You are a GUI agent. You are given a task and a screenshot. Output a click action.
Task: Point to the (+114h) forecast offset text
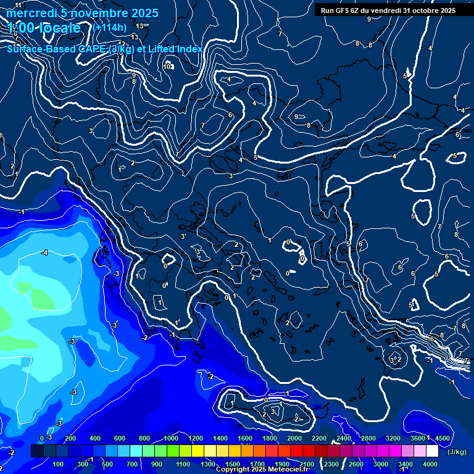(x=109, y=28)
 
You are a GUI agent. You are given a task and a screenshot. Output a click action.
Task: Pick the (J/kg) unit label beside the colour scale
(x=457, y=452)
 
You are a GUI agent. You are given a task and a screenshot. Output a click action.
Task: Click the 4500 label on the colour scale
(x=442, y=438)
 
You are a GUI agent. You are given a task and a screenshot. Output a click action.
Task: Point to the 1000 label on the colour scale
(x=171, y=438)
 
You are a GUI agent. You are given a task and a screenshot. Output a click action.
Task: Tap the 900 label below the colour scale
(x=157, y=464)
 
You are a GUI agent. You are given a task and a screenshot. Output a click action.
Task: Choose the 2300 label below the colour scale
(x=331, y=464)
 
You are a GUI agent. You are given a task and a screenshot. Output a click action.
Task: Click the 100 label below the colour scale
(x=58, y=464)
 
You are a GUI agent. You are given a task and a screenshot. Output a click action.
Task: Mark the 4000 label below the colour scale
(x=430, y=464)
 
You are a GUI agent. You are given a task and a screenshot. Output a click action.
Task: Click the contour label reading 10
(x=167, y=67)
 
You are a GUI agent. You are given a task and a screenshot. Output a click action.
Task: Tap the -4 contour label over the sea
(x=44, y=252)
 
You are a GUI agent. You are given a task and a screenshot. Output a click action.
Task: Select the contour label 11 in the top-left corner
(x=18, y=6)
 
